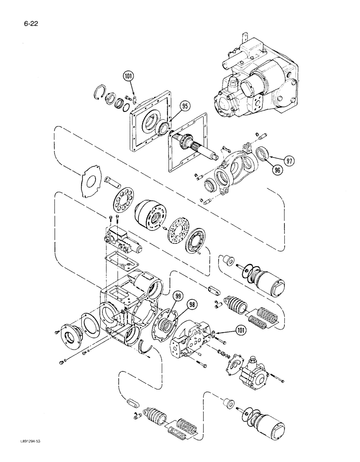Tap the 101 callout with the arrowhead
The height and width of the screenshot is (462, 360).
pyautogui.click(x=239, y=330)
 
